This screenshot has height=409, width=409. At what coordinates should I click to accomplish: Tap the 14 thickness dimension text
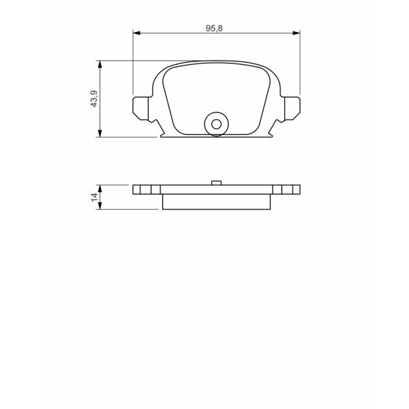(x=94, y=197)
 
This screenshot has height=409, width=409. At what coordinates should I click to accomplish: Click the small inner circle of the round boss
(x=217, y=124)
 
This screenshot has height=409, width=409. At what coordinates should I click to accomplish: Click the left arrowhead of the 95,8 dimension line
(x=136, y=32)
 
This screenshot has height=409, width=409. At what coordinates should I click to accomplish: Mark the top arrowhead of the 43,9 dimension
(x=101, y=64)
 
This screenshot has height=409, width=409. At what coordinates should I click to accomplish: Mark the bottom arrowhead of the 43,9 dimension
(x=101, y=134)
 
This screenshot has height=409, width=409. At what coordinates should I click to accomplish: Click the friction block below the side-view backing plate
(x=217, y=202)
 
